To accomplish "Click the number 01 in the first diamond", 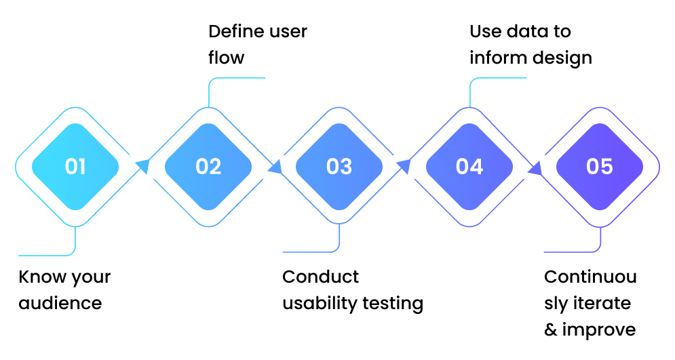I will [x=75, y=167].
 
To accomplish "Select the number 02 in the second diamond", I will [x=208, y=167].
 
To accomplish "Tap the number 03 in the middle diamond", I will [x=339, y=167].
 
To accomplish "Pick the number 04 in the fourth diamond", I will [x=469, y=167].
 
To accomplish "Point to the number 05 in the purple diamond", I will [x=600, y=167].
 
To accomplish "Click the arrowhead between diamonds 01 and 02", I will [x=142, y=165].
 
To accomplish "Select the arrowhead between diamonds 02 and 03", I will [x=274, y=167].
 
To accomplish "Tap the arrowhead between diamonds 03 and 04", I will [x=404, y=165].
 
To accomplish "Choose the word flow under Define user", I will [x=226, y=58].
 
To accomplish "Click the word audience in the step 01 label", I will [x=60, y=303].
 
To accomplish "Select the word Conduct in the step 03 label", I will [x=321, y=277].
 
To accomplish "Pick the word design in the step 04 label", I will [x=560, y=58].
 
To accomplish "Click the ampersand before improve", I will [x=550, y=330].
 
